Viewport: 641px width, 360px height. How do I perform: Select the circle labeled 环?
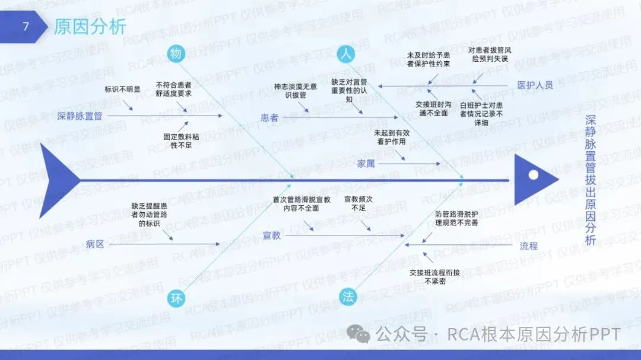click(176, 298)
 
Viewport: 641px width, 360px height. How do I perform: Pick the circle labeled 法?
click(348, 298)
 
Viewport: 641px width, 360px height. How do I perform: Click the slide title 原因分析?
click(90, 27)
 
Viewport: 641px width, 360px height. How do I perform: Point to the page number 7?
click(25, 27)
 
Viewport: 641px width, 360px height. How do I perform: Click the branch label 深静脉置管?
click(80, 116)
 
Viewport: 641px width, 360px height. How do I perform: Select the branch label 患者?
click(269, 117)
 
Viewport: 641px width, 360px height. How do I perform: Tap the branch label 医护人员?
click(535, 85)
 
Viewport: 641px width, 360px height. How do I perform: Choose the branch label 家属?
click(366, 164)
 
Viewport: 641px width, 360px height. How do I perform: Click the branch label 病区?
click(95, 243)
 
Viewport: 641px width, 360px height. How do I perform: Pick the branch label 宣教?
click(272, 235)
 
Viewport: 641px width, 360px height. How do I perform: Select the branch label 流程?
click(528, 245)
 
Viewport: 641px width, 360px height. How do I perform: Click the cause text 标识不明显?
click(123, 90)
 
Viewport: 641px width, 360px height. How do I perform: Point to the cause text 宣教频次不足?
click(359, 204)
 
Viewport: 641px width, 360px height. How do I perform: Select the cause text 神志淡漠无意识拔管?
click(295, 90)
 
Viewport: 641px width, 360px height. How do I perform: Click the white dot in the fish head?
click(534, 175)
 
